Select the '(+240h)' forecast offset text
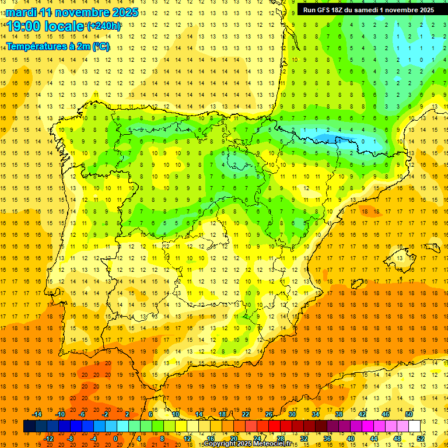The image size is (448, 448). point(104,26)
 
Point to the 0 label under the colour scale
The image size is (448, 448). point(116,438)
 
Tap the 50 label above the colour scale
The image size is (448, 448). point(409,414)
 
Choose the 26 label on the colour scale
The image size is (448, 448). point(269,414)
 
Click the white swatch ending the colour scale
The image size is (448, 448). point(414,426)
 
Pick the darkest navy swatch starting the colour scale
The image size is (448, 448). point(29,426)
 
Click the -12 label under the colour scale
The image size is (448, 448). point(49,438)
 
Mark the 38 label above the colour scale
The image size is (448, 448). point(339,414)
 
